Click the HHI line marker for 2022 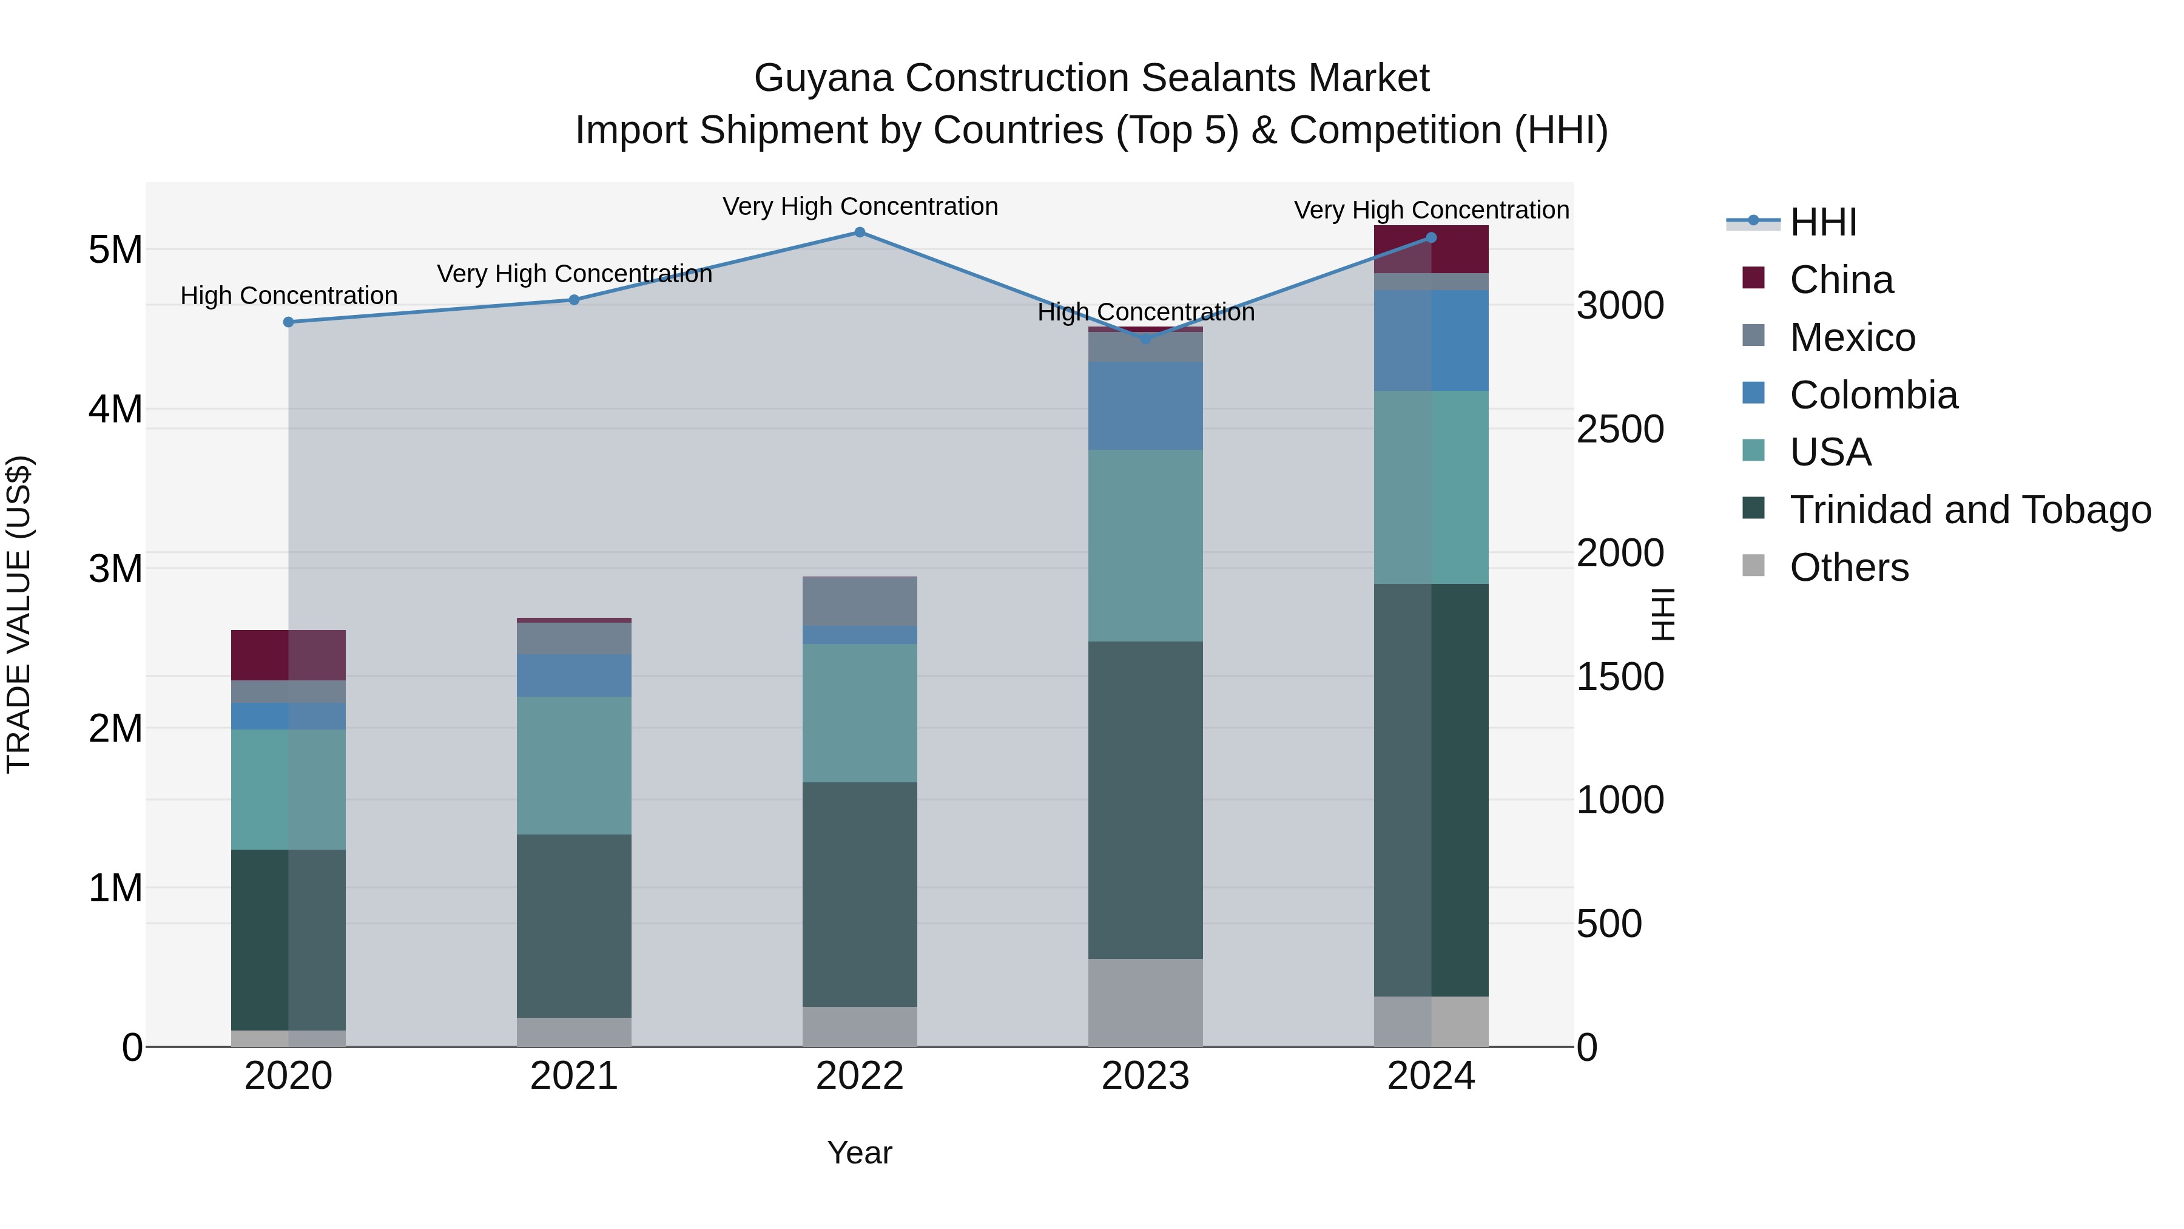[x=859, y=232]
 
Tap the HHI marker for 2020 [x=288, y=322]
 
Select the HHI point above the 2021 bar [x=574, y=299]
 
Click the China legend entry [x=1841, y=280]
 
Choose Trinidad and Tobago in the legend [x=1969, y=510]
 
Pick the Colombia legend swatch [x=1753, y=393]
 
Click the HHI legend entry [x=1823, y=222]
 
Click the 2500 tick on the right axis [x=1619, y=429]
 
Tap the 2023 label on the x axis [x=1145, y=1076]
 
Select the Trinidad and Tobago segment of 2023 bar [x=1145, y=800]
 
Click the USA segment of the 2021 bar [x=574, y=765]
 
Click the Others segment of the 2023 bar [x=1145, y=1003]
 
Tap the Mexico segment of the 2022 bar [x=859, y=601]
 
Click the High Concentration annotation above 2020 [x=288, y=296]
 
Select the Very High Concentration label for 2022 [x=859, y=207]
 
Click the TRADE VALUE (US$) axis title [x=19, y=614]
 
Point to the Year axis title [x=859, y=1153]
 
